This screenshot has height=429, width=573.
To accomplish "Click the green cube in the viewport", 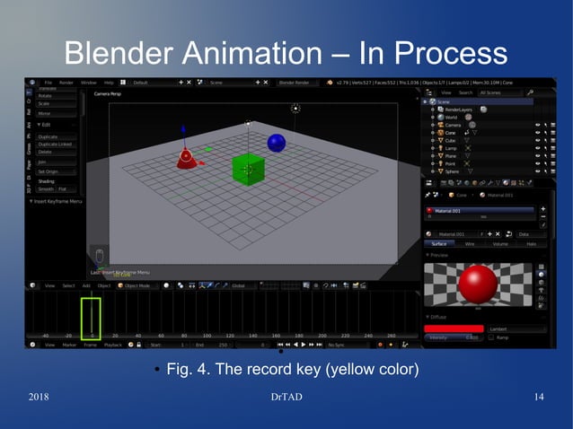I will tap(247, 168).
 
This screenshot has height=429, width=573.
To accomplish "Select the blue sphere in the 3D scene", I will tap(276, 143).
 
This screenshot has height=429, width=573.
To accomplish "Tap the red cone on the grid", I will tap(187, 159).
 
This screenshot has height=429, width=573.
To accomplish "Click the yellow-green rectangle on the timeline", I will tap(92, 318).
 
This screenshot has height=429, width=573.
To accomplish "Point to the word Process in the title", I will tap(447, 53).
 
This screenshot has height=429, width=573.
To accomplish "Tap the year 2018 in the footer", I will tap(40, 397).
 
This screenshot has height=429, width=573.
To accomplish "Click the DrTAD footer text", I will tap(287, 397).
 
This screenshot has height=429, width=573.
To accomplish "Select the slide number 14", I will tap(539, 397).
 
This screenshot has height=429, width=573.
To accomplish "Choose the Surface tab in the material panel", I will tap(439, 243).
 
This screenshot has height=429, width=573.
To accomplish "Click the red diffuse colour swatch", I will tap(454, 328).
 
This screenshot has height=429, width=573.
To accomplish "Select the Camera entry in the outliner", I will tap(454, 125).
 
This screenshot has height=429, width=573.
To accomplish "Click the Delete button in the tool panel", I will tap(44, 152).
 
